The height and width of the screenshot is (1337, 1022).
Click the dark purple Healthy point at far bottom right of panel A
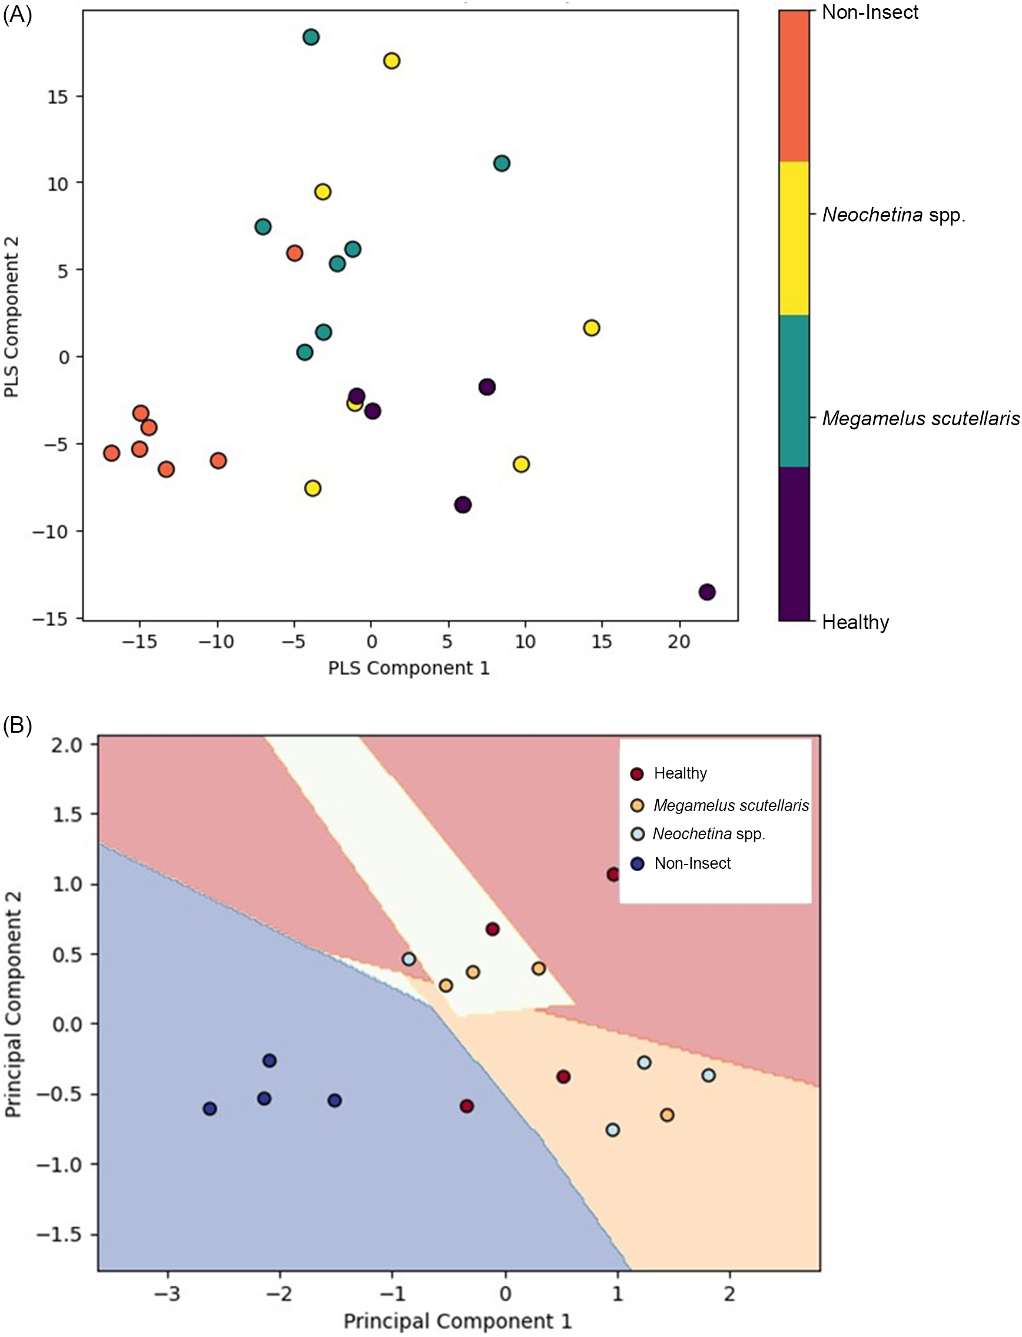pyautogui.click(x=706, y=591)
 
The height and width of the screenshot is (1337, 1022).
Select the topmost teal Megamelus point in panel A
pyautogui.click(x=311, y=37)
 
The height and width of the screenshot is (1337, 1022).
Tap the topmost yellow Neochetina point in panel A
pyautogui.click(x=391, y=61)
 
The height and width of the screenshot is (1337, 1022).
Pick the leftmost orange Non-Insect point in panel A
pyautogui.click(x=111, y=453)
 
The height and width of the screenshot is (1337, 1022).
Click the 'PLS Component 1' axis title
pyautogui.click(x=409, y=668)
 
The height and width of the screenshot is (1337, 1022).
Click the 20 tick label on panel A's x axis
pyautogui.click(x=679, y=641)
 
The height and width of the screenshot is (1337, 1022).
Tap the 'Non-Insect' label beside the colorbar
pyautogui.click(x=870, y=12)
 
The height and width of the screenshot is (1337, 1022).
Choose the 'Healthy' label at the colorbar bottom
pyautogui.click(x=855, y=622)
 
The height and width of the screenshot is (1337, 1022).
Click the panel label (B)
pyautogui.click(x=17, y=726)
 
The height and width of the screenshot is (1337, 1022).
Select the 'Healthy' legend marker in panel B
pyautogui.click(x=637, y=774)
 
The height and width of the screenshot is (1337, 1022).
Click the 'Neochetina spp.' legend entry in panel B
pyautogui.click(x=709, y=834)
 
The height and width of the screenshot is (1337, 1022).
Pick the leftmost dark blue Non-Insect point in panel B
pyautogui.click(x=210, y=1109)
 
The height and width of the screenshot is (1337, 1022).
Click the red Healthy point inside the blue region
pyautogui.click(x=467, y=1106)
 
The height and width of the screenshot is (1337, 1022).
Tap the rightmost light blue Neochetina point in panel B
pyautogui.click(x=708, y=1075)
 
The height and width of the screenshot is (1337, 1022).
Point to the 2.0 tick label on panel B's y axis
pyautogui.click(x=67, y=745)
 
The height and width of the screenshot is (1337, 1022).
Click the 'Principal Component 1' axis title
pyautogui.click(x=457, y=1321)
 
